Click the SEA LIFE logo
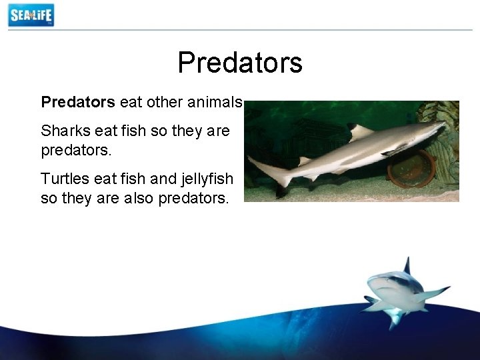click(31, 15)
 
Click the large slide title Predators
click(240, 63)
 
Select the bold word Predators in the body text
click(78, 102)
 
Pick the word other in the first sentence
click(166, 102)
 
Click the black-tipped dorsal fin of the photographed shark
click(359, 131)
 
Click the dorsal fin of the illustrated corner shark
click(406, 265)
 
